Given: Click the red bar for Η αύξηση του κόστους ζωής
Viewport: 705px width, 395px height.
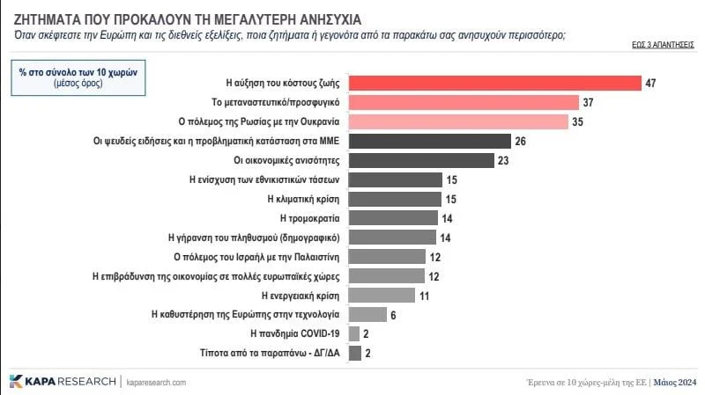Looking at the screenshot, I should point(494,84).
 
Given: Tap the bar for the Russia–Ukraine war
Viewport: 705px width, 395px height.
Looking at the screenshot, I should point(458,122).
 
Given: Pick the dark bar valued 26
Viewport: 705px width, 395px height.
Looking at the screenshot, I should point(430,142).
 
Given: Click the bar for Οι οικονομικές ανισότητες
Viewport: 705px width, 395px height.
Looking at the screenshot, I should point(421,160).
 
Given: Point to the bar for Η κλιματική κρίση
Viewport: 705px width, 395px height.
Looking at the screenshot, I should point(396,199).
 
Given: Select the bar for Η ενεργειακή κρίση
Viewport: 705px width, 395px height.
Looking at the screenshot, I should point(382,295).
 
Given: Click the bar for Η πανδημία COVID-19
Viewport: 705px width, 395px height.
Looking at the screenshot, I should point(355,333).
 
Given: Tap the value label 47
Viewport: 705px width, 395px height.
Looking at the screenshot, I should point(652,84).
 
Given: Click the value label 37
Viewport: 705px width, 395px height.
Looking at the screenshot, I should point(589,103).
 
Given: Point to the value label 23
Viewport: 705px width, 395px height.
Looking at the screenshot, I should point(504,160).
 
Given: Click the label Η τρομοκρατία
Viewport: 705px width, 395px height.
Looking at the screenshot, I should point(309,218).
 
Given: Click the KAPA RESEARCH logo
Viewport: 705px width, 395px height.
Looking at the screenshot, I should point(62,382).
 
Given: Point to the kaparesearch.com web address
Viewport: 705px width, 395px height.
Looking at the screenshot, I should point(156,383).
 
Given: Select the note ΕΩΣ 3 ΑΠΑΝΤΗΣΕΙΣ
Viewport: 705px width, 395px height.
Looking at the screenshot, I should point(664,43).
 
